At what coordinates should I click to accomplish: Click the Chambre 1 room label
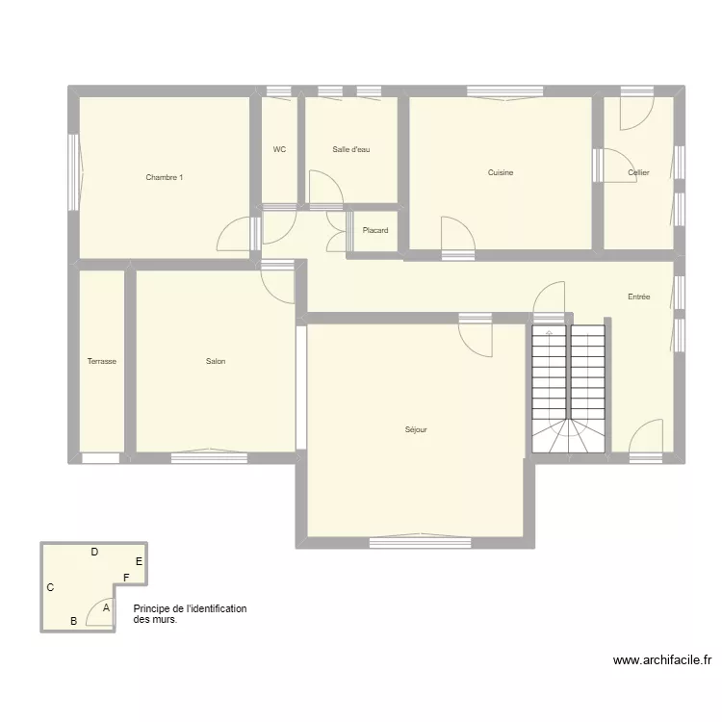coord(165,177)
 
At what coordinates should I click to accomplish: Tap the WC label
coord(279,149)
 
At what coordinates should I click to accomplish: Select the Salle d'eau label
coord(350,149)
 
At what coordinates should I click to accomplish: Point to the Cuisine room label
coord(501,173)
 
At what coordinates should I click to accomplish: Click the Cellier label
coord(638,173)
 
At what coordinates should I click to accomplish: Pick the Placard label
coord(375,231)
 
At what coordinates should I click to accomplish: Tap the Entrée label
coord(638,297)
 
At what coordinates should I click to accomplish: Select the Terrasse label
coord(101,362)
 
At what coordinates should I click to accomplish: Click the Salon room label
coord(216,362)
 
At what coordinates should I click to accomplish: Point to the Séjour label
coord(416,429)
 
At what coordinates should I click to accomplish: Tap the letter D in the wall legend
coord(94,553)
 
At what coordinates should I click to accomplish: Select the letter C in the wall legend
coord(50,587)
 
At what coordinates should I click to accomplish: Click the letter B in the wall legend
coord(73,621)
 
